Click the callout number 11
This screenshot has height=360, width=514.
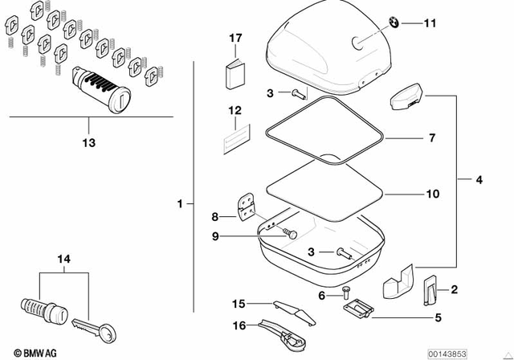430,23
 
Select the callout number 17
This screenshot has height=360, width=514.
235,38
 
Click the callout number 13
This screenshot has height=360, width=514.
88,142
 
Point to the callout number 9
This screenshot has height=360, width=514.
214,235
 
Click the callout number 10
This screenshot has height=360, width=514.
432,194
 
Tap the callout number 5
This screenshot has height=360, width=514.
438,317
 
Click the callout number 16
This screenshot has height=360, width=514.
238,325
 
